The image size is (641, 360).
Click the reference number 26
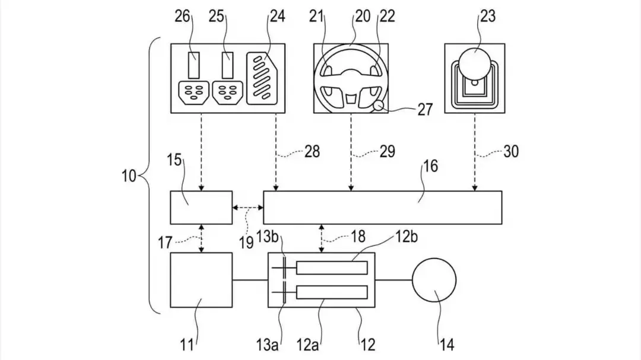(x=182, y=17)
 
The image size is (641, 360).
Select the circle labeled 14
(x=434, y=280)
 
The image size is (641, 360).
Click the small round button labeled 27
(x=379, y=106)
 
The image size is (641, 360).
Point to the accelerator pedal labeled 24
(x=262, y=78)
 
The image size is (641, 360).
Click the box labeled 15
(x=201, y=208)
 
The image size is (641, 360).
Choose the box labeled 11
(x=201, y=280)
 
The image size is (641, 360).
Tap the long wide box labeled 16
(x=383, y=208)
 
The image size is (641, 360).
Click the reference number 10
(x=129, y=176)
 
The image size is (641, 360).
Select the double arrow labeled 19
(x=248, y=208)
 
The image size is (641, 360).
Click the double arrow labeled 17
(x=201, y=238)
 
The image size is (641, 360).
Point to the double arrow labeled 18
(x=322, y=238)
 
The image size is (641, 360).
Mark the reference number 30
(x=510, y=152)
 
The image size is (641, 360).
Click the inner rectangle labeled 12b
(x=332, y=267)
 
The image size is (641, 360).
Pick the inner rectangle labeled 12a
(x=332, y=292)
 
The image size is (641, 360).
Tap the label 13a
(x=267, y=345)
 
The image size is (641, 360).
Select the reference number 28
(x=312, y=152)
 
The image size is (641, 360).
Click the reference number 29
(x=388, y=152)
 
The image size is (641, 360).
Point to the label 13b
(x=268, y=237)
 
